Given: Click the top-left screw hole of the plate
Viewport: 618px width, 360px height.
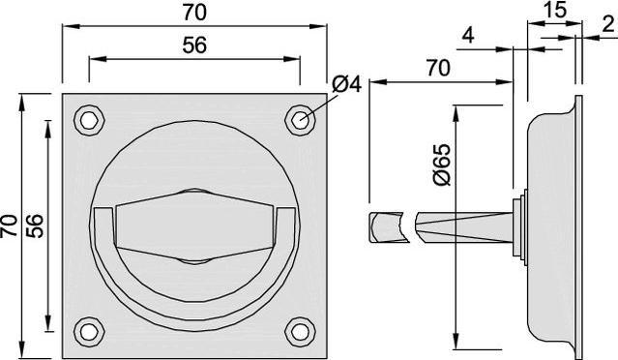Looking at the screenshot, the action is click(90, 120).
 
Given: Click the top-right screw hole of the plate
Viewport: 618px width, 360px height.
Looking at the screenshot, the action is click(300, 120).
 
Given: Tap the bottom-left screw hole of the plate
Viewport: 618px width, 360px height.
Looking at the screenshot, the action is click(90, 332).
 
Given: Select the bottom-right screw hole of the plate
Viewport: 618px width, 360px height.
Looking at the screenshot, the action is click(300, 332).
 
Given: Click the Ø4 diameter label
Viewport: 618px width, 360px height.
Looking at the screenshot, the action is click(346, 84).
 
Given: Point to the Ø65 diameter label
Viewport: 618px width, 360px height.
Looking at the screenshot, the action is click(441, 165).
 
